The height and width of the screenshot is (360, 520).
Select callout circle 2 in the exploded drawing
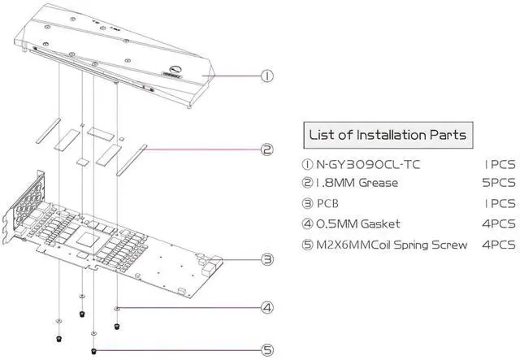[x=266, y=149]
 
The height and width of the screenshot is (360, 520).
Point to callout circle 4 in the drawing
[x=266, y=308]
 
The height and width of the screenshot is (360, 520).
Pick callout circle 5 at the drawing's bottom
[x=266, y=351]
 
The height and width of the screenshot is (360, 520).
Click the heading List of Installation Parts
[x=388, y=133]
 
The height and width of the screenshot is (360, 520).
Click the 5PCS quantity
[x=496, y=183]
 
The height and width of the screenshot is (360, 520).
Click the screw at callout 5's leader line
[x=96, y=351]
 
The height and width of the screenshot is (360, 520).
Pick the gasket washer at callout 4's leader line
[x=119, y=309]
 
